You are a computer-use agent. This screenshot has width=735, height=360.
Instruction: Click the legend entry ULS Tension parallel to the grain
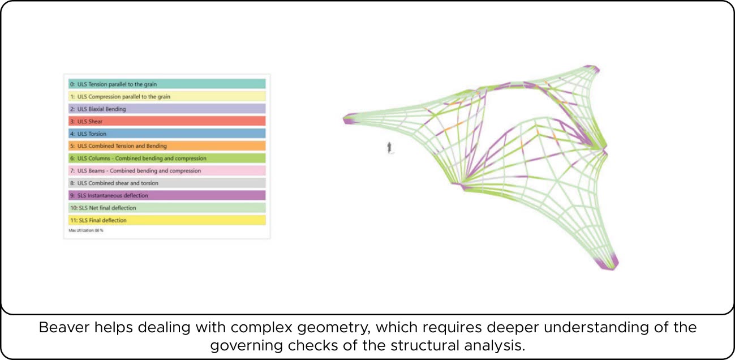tap(167, 84)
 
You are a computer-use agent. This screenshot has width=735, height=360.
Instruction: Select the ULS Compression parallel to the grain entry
tap(167, 96)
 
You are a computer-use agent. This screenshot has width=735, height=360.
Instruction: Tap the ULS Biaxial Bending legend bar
tap(167, 109)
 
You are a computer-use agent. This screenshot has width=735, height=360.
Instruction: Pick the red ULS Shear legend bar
tap(167, 121)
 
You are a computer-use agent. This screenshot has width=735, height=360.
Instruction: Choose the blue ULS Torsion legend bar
tap(167, 134)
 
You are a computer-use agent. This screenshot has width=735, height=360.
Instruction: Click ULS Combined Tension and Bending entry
tap(167, 146)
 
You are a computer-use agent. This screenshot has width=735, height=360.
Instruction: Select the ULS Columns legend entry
tap(167, 158)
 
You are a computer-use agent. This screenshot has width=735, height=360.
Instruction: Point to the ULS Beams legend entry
tap(167, 171)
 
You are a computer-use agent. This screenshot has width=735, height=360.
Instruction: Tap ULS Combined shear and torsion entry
tap(167, 183)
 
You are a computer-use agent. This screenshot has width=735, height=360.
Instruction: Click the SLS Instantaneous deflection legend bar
tap(167, 195)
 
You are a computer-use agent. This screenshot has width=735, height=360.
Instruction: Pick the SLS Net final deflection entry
tap(167, 208)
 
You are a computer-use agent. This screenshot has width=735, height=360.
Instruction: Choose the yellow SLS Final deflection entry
tap(167, 220)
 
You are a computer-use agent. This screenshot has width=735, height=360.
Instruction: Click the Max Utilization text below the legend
tap(87, 230)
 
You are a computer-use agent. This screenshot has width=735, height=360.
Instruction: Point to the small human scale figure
tap(389, 148)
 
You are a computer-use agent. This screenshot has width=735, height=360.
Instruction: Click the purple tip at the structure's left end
tap(349, 118)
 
